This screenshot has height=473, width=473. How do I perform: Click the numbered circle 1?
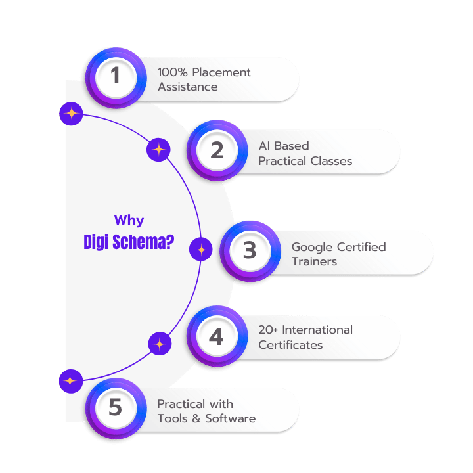point(116,78)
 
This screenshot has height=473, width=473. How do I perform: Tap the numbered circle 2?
point(217,150)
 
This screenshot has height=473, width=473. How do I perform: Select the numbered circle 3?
point(249,250)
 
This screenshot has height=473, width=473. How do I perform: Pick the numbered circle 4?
point(217,336)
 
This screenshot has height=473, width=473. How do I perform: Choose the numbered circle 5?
point(116,408)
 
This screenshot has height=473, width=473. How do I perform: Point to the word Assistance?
point(187,87)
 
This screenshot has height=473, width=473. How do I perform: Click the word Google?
point(312,247)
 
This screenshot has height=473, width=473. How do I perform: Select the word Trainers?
point(314,261)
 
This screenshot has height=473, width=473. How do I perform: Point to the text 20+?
point(270,330)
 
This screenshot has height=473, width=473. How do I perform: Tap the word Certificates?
point(290,344)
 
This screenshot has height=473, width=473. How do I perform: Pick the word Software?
point(230,418)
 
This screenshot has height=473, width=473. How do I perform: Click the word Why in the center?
point(129,221)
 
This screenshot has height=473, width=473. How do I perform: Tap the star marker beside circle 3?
point(201,250)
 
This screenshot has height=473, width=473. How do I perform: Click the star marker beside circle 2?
point(158,150)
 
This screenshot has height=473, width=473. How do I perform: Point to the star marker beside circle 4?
point(158,343)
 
